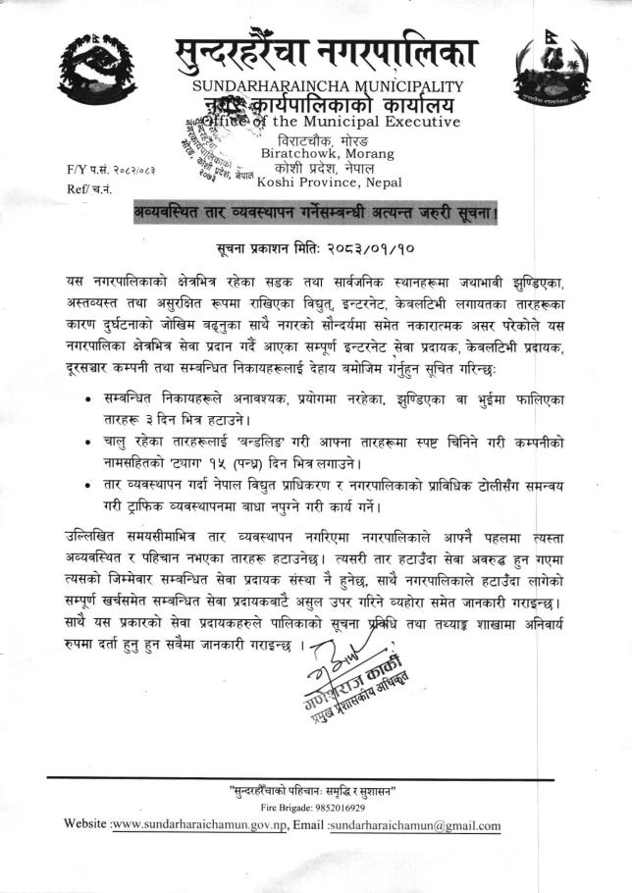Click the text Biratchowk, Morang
[319, 153]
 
